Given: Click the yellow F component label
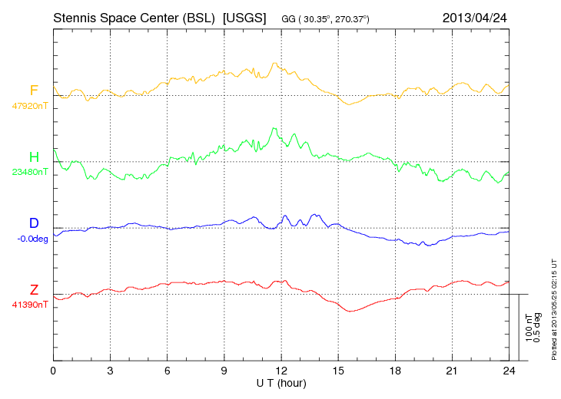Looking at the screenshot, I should pos(34,91).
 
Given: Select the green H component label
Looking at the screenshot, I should pos(34,157).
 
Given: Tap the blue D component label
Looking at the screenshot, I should pos(34,223).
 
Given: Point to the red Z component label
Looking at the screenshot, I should pos(34,290).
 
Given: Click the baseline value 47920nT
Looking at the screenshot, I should pos(29,106).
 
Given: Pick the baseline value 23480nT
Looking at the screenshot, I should pos(29,172).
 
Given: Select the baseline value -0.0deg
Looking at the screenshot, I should pos(32,239).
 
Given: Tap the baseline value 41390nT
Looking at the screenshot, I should pos(29,305).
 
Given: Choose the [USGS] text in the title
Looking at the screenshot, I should pos(244,18).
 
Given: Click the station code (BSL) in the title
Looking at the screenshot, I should pos(197,18).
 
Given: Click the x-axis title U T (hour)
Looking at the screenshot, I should pos(281,381).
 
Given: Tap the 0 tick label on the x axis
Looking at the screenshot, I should pos(53,371).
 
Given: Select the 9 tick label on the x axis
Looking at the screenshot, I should pos(224,371).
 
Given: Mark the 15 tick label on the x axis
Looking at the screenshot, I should pos(338,371).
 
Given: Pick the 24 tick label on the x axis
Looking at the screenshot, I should pos(509,371).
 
